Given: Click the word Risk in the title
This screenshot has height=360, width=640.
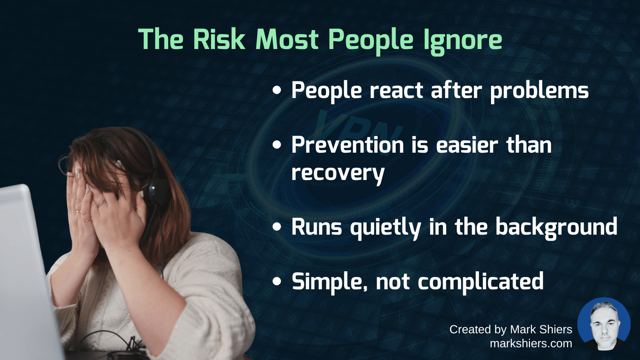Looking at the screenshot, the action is coord(219,39).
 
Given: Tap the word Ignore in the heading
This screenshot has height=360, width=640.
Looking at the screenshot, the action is coord(462,41).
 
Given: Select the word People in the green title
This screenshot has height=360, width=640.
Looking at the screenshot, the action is coord(371,41).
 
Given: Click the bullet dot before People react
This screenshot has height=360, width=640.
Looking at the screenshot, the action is coord(276,90).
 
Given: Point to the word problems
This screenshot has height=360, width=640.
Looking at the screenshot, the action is coord(539,91).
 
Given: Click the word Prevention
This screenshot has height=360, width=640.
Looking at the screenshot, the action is coord(348,145).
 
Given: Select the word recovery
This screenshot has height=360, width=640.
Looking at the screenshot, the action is coord(338,174).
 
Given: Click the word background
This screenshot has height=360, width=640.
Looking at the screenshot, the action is coord(556,227).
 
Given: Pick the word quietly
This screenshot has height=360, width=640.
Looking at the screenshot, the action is coord(386,228).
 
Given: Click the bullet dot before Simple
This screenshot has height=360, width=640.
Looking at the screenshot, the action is coord(276,281).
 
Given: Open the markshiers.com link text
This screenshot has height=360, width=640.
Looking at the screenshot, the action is coord(531,343).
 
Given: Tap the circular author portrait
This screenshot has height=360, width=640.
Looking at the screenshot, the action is coord(604,324).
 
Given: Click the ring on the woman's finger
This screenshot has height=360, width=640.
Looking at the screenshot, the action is coord(101,203).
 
